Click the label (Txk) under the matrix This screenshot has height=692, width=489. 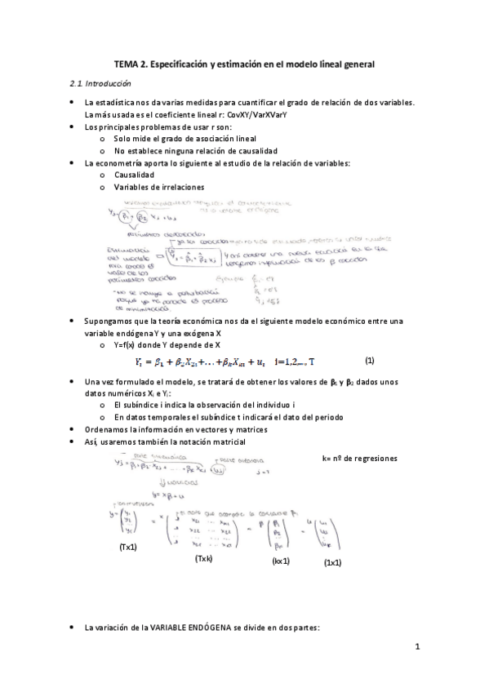click(x=203, y=559)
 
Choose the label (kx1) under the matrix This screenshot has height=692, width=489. click(x=280, y=561)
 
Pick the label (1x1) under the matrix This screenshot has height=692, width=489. click(x=331, y=562)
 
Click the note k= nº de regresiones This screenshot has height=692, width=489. click(x=359, y=459)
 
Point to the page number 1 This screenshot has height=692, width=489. click(x=416, y=648)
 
